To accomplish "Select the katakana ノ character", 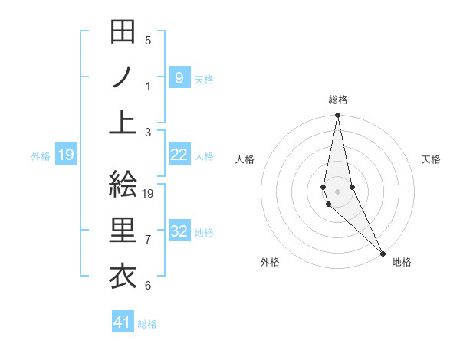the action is (x=123, y=77).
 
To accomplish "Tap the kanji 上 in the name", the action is (x=123, y=123).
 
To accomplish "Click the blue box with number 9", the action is (x=179, y=77).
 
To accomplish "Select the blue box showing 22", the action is (x=179, y=155).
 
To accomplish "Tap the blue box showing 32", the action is (x=179, y=231).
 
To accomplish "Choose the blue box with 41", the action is (x=123, y=322).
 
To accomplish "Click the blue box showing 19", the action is (x=66, y=155).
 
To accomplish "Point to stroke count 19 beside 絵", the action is (x=149, y=194).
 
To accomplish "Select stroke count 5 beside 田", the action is (x=148, y=41).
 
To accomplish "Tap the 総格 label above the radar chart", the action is (x=338, y=100).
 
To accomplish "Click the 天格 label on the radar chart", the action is (x=432, y=159).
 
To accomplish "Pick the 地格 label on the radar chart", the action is (x=402, y=262).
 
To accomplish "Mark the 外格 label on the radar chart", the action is (x=270, y=262).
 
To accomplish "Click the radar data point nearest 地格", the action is (x=383, y=252).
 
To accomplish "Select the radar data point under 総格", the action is (x=337, y=116).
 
